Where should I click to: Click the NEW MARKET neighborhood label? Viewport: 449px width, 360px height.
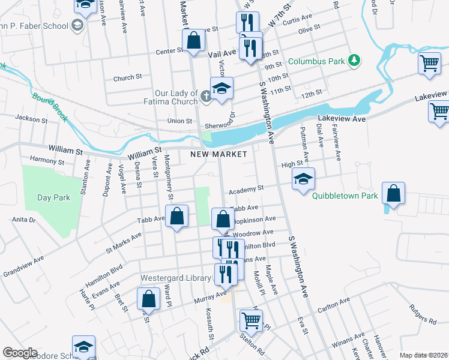[x=218, y=154]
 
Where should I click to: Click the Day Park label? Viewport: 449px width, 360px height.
[x=53, y=197]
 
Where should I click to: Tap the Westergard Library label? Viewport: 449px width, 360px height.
[x=176, y=278]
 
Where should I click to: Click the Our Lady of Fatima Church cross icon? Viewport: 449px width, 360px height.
[x=206, y=95]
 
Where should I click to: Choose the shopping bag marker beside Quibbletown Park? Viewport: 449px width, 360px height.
[x=393, y=194]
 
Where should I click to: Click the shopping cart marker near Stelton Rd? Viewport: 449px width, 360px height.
[x=251, y=320]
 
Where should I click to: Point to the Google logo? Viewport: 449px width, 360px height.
[x=19, y=353]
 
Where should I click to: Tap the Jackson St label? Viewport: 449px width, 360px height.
[x=31, y=119]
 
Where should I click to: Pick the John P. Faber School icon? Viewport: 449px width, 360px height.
[x=77, y=25]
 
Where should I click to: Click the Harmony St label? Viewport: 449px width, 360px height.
[x=47, y=161]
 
